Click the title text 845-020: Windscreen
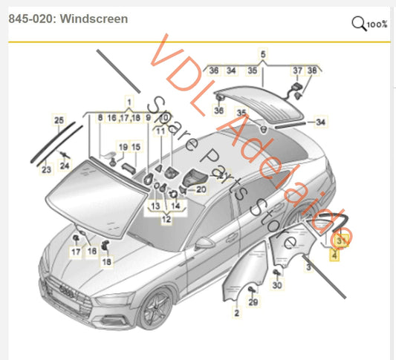tap(68, 19)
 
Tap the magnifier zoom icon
tap(360, 24)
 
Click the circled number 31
tap(342, 240)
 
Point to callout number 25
tap(59, 120)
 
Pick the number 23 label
tap(46, 170)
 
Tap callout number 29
tap(252, 302)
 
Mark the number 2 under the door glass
tap(236, 315)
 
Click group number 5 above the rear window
tap(262, 54)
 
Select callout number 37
tap(297, 71)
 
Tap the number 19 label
tap(123, 147)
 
